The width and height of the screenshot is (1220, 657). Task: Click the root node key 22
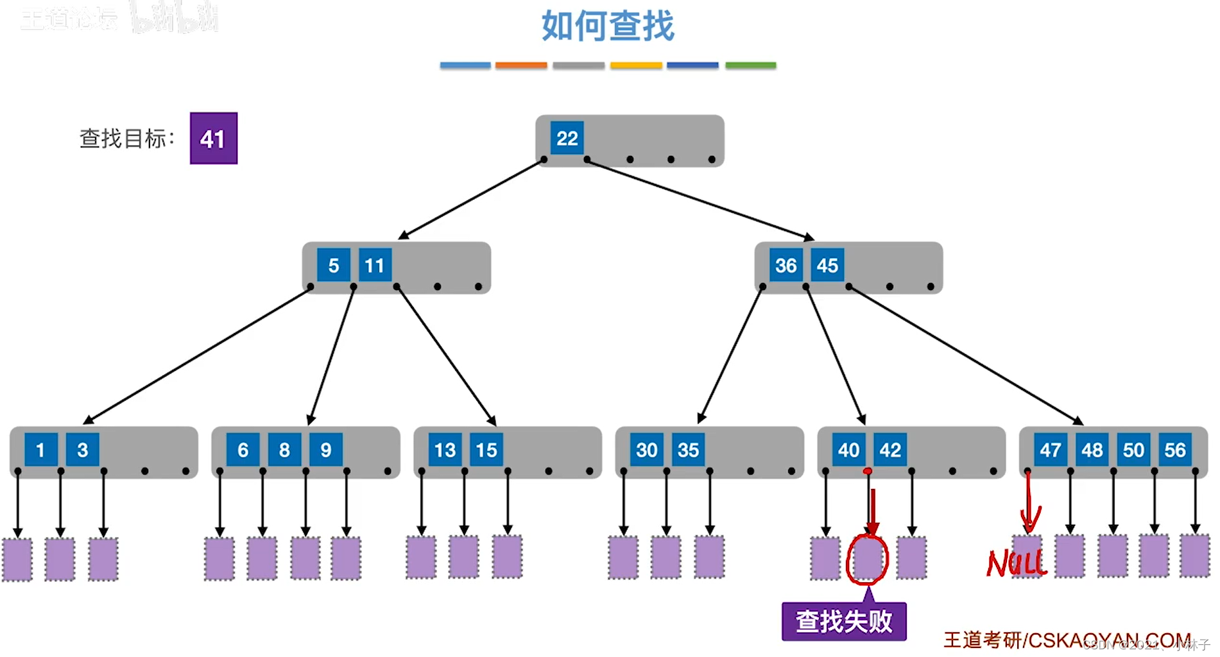pyautogui.click(x=567, y=138)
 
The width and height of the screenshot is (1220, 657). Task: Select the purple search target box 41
pyautogui.click(x=213, y=139)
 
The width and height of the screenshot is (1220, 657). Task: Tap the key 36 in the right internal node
pyautogui.click(x=786, y=265)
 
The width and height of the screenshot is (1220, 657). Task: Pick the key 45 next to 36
pyautogui.click(x=827, y=265)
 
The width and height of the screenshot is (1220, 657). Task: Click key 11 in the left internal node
pyautogui.click(x=374, y=265)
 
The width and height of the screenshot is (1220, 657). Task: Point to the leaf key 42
pyautogui.click(x=889, y=450)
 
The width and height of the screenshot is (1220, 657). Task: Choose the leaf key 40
pyautogui.click(x=848, y=450)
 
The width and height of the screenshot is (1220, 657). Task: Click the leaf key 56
pyautogui.click(x=1174, y=450)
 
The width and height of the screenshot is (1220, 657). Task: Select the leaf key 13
pyautogui.click(x=445, y=450)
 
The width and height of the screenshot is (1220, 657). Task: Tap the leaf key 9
pyautogui.click(x=325, y=450)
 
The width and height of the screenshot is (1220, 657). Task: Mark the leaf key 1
pyautogui.click(x=40, y=450)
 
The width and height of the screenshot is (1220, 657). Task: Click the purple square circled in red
pyautogui.click(x=868, y=558)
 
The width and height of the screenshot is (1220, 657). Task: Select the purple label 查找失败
pyautogui.click(x=843, y=621)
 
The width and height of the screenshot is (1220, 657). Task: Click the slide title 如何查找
pyautogui.click(x=607, y=26)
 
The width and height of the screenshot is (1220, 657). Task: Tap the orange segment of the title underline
pyautogui.click(x=521, y=65)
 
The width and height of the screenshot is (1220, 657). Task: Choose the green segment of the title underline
pyautogui.click(x=750, y=65)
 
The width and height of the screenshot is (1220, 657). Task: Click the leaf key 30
pyautogui.click(x=646, y=450)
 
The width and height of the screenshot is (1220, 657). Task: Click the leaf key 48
pyautogui.click(x=1092, y=450)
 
